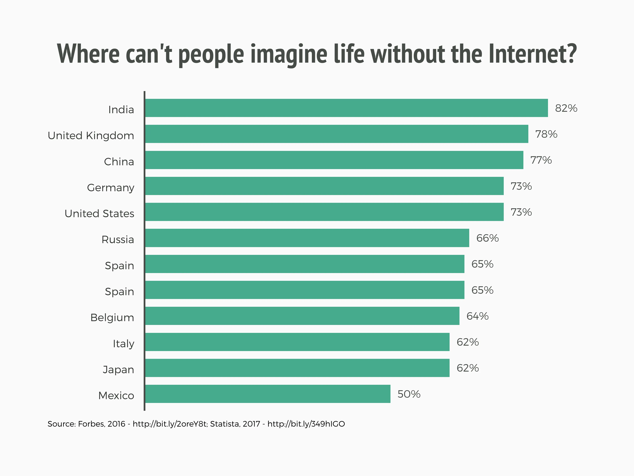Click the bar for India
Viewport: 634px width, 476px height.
pos(346,108)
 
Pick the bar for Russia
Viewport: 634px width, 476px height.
pos(307,238)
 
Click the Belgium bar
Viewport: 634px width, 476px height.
pos(302,316)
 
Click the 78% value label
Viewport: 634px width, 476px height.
pos(546,134)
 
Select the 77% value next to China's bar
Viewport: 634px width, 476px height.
pos(541,160)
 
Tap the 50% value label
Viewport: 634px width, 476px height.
pos(409,394)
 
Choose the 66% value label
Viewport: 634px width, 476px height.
pos(487,238)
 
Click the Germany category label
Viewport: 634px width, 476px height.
pos(111,188)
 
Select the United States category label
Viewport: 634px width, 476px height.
pos(99,214)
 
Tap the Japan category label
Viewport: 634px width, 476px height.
pos(118,370)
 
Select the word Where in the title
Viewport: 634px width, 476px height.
pos(88,54)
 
